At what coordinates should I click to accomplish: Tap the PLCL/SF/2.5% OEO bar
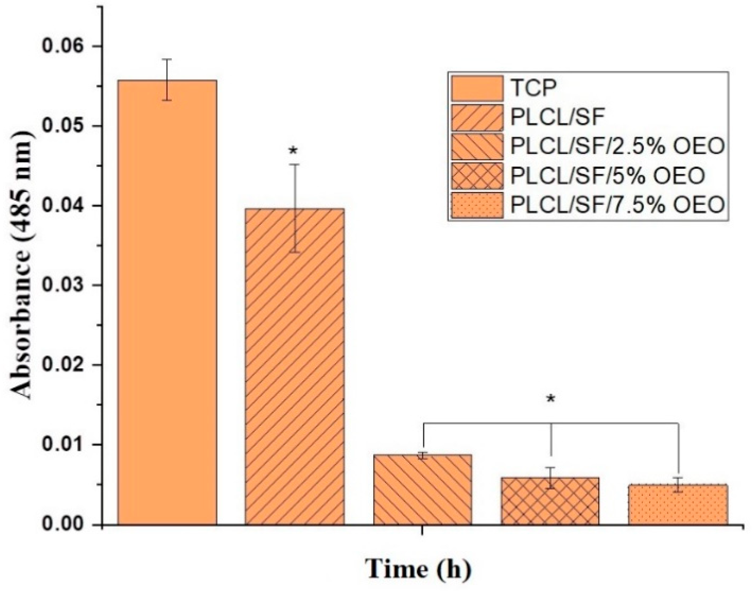point(423,490)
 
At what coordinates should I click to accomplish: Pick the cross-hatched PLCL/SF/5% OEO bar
point(550,502)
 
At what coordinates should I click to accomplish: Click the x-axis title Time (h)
point(419,570)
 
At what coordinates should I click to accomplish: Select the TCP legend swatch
point(477,88)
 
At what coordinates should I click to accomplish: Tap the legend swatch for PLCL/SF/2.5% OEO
point(477,147)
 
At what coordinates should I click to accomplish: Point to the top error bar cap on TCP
point(167,59)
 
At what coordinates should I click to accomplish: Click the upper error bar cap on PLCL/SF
point(294,164)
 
